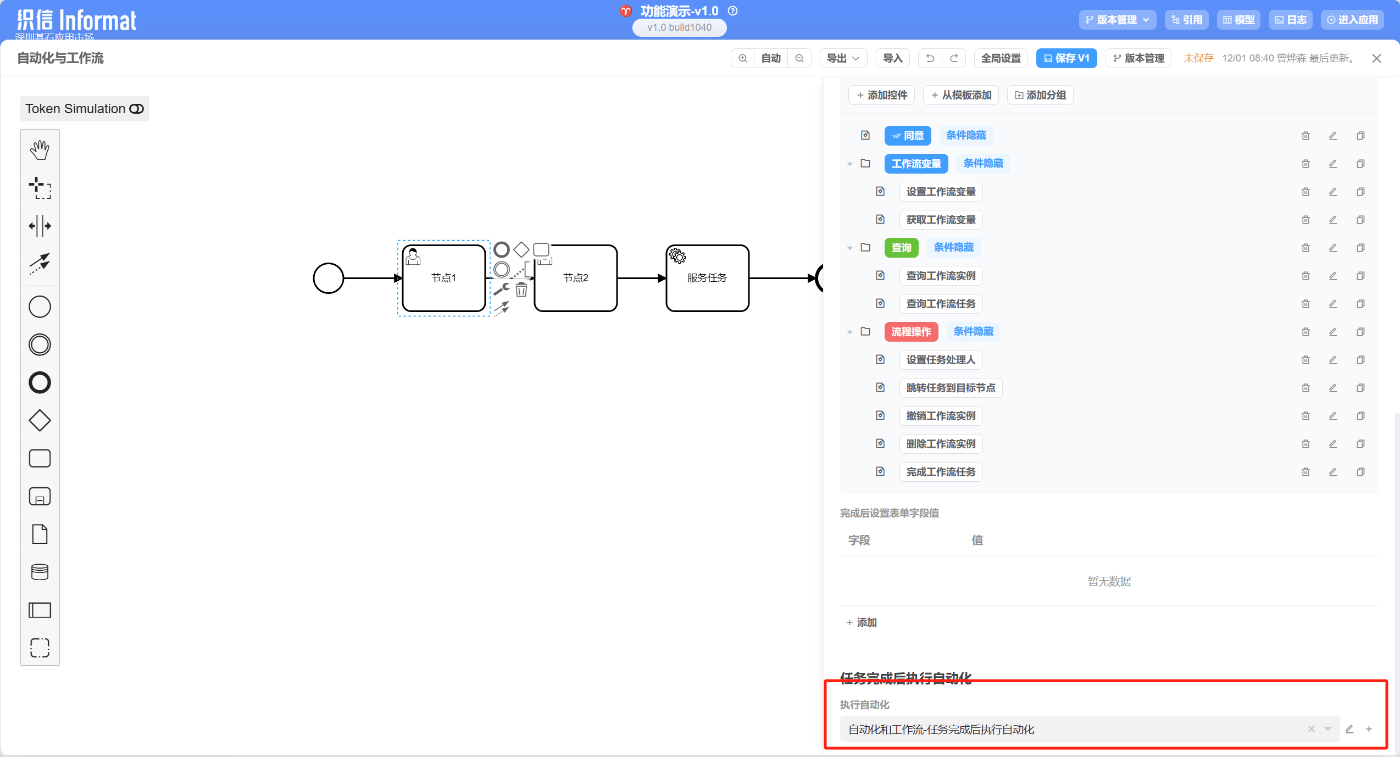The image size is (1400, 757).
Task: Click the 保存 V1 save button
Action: tap(1066, 58)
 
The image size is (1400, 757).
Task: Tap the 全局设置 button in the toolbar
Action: tap(1001, 58)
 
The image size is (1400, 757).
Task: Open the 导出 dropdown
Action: tap(843, 58)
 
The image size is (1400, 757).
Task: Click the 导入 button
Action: tap(892, 58)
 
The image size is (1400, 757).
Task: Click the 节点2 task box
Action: tap(575, 286)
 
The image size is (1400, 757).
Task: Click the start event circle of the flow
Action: tap(328, 279)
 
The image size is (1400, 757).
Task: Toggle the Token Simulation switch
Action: tap(136, 109)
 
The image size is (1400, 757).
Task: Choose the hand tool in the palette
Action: tap(40, 150)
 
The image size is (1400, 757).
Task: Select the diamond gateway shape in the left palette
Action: tap(40, 421)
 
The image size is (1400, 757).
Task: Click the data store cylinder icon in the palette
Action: tap(40, 572)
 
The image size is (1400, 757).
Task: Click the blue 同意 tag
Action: tap(908, 136)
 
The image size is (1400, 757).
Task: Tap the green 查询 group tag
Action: tap(901, 248)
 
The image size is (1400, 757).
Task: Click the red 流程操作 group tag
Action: tap(911, 332)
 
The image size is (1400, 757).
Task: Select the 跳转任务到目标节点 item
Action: tap(951, 388)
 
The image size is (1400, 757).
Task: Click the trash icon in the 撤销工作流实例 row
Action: tap(1305, 416)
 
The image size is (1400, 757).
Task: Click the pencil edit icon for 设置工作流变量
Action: tap(1333, 192)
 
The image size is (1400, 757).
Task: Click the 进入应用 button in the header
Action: tap(1352, 20)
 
